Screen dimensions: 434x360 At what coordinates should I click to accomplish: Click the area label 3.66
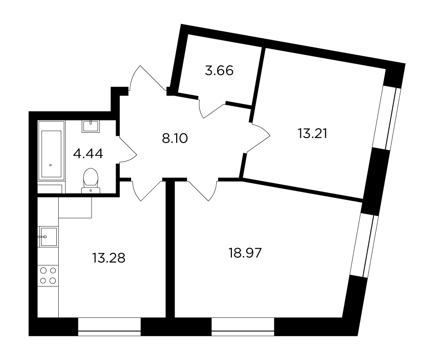point(219,71)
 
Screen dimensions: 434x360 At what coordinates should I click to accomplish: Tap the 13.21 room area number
point(313,134)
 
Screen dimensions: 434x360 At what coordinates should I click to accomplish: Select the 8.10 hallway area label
point(175,138)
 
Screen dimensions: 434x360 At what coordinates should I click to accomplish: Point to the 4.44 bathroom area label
point(88,154)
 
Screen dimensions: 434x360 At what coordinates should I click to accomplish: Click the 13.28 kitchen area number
point(109,258)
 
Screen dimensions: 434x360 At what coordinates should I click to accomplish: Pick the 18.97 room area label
point(245,253)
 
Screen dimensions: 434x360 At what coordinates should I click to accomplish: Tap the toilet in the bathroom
point(91,180)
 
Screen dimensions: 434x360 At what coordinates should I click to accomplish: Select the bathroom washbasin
point(91,126)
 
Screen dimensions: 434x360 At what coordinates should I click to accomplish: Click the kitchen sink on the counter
point(48,237)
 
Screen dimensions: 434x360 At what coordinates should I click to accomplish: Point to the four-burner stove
point(48,275)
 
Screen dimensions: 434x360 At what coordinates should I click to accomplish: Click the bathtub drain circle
point(50,165)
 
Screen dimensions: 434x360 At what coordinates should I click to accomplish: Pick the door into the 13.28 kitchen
point(146,191)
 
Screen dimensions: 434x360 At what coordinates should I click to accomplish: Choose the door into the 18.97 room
point(202,191)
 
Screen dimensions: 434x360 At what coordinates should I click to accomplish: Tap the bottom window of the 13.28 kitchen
point(110,327)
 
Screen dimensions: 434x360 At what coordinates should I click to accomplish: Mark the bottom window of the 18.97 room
point(243,327)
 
